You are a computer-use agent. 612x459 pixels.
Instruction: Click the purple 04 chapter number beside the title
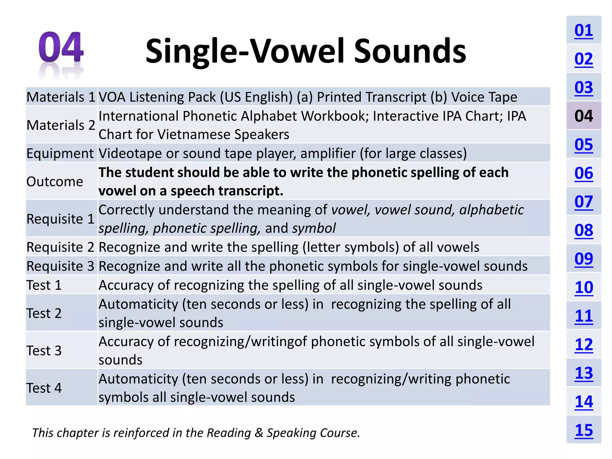coord(61,47)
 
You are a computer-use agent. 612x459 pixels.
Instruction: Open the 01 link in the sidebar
coord(583,30)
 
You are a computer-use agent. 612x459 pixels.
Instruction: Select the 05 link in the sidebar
coord(583,145)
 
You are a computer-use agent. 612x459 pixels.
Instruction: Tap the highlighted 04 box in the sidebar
coord(583,116)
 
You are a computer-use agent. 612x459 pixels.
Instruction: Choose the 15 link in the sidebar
coord(583,430)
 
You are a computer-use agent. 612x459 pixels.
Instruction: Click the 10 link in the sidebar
coord(583,287)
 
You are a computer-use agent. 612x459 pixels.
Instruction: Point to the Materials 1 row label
coord(61,97)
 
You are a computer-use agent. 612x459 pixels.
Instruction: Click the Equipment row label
coord(60,154)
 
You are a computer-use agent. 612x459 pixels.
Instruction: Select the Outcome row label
coord(55,182)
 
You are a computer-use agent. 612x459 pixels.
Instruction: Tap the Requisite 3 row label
coord(60,266)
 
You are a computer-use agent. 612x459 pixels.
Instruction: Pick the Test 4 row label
coord(44,388)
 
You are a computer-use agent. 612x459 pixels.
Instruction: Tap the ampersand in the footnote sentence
coord(258,433)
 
